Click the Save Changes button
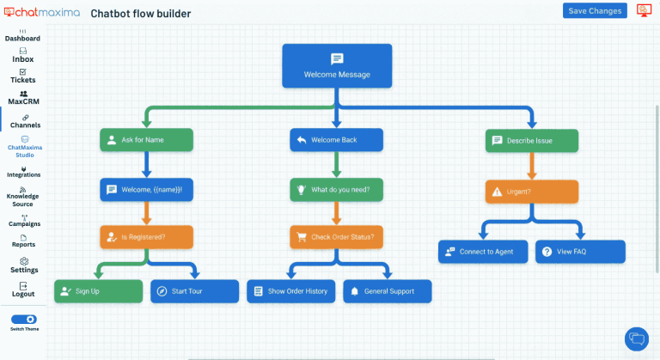click(x=595, y=10)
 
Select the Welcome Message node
click(x=337, y=66)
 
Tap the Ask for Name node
click(x=146, y=140)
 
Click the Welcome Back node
click(x=336, y=140)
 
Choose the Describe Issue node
click(x=531, y=140)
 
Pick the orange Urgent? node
click(x=531, y=191)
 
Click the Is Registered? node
click(x=146, y=236)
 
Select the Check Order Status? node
click(x=336, y=236)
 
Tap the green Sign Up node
click(x=98, y=291)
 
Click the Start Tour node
click(x=194, y=291)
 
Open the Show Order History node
click(x=290, y=291)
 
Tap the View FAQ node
click(x=580, y=252)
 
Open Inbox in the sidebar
click(x=23, y=55)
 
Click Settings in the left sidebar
click(x=23, y=265)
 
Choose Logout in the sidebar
click(x=23, y=290)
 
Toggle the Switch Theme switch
click(x=23, y=319)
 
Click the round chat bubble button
click(x=636, y=338)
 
